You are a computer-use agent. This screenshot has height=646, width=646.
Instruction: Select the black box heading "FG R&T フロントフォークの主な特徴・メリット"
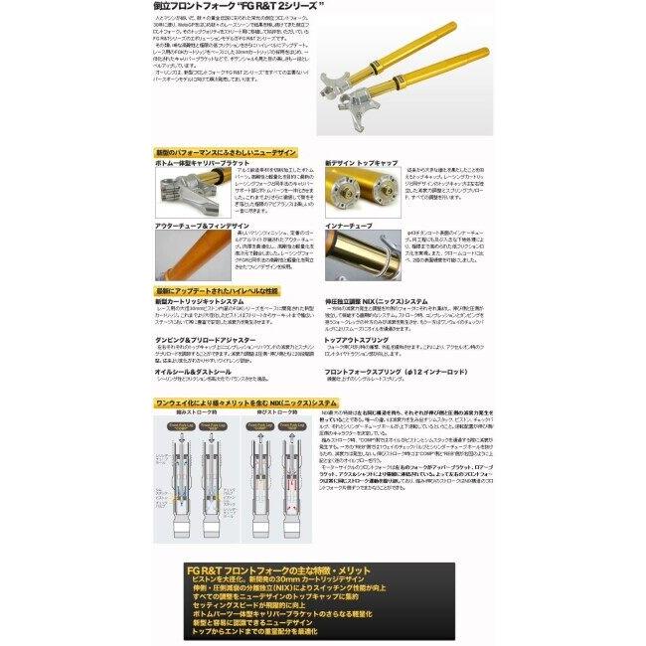click(299, 570)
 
